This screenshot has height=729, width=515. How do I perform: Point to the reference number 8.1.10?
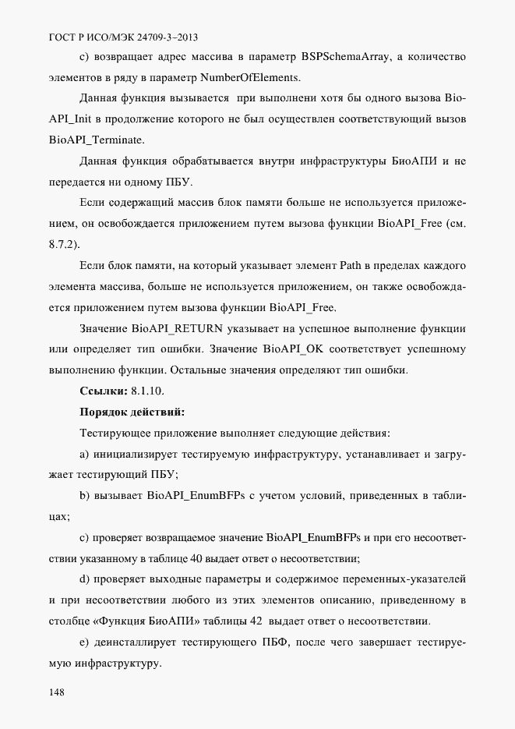click(148, 390)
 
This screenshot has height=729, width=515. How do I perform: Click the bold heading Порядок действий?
click(132, 411)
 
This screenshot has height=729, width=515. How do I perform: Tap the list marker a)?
click(85, 454)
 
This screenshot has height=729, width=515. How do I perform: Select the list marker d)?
click(85, 579)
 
